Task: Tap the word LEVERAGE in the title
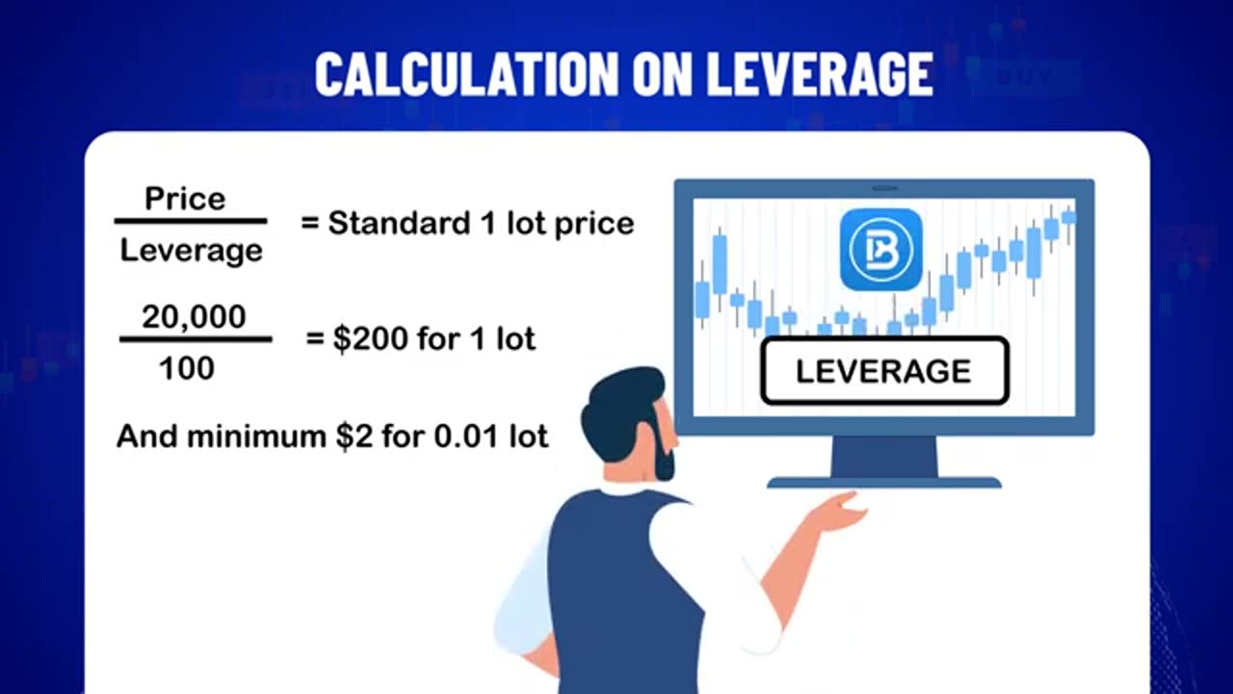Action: pos(819,74)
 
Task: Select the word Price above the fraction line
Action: pos(185,199)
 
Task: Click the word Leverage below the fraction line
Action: pos(191,251)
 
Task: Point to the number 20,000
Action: pos(194,316)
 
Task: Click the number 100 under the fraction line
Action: pos(187,367)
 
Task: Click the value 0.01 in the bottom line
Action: pos(462,436)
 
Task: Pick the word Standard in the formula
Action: pos(398,224)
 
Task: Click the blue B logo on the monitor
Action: pos(880,249)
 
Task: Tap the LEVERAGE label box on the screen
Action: pos(883,371)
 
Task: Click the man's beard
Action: pos(664,453)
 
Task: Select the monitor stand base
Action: pos(883,481)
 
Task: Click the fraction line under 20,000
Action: pos(195,340)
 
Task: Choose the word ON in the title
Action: pos(655,74)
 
